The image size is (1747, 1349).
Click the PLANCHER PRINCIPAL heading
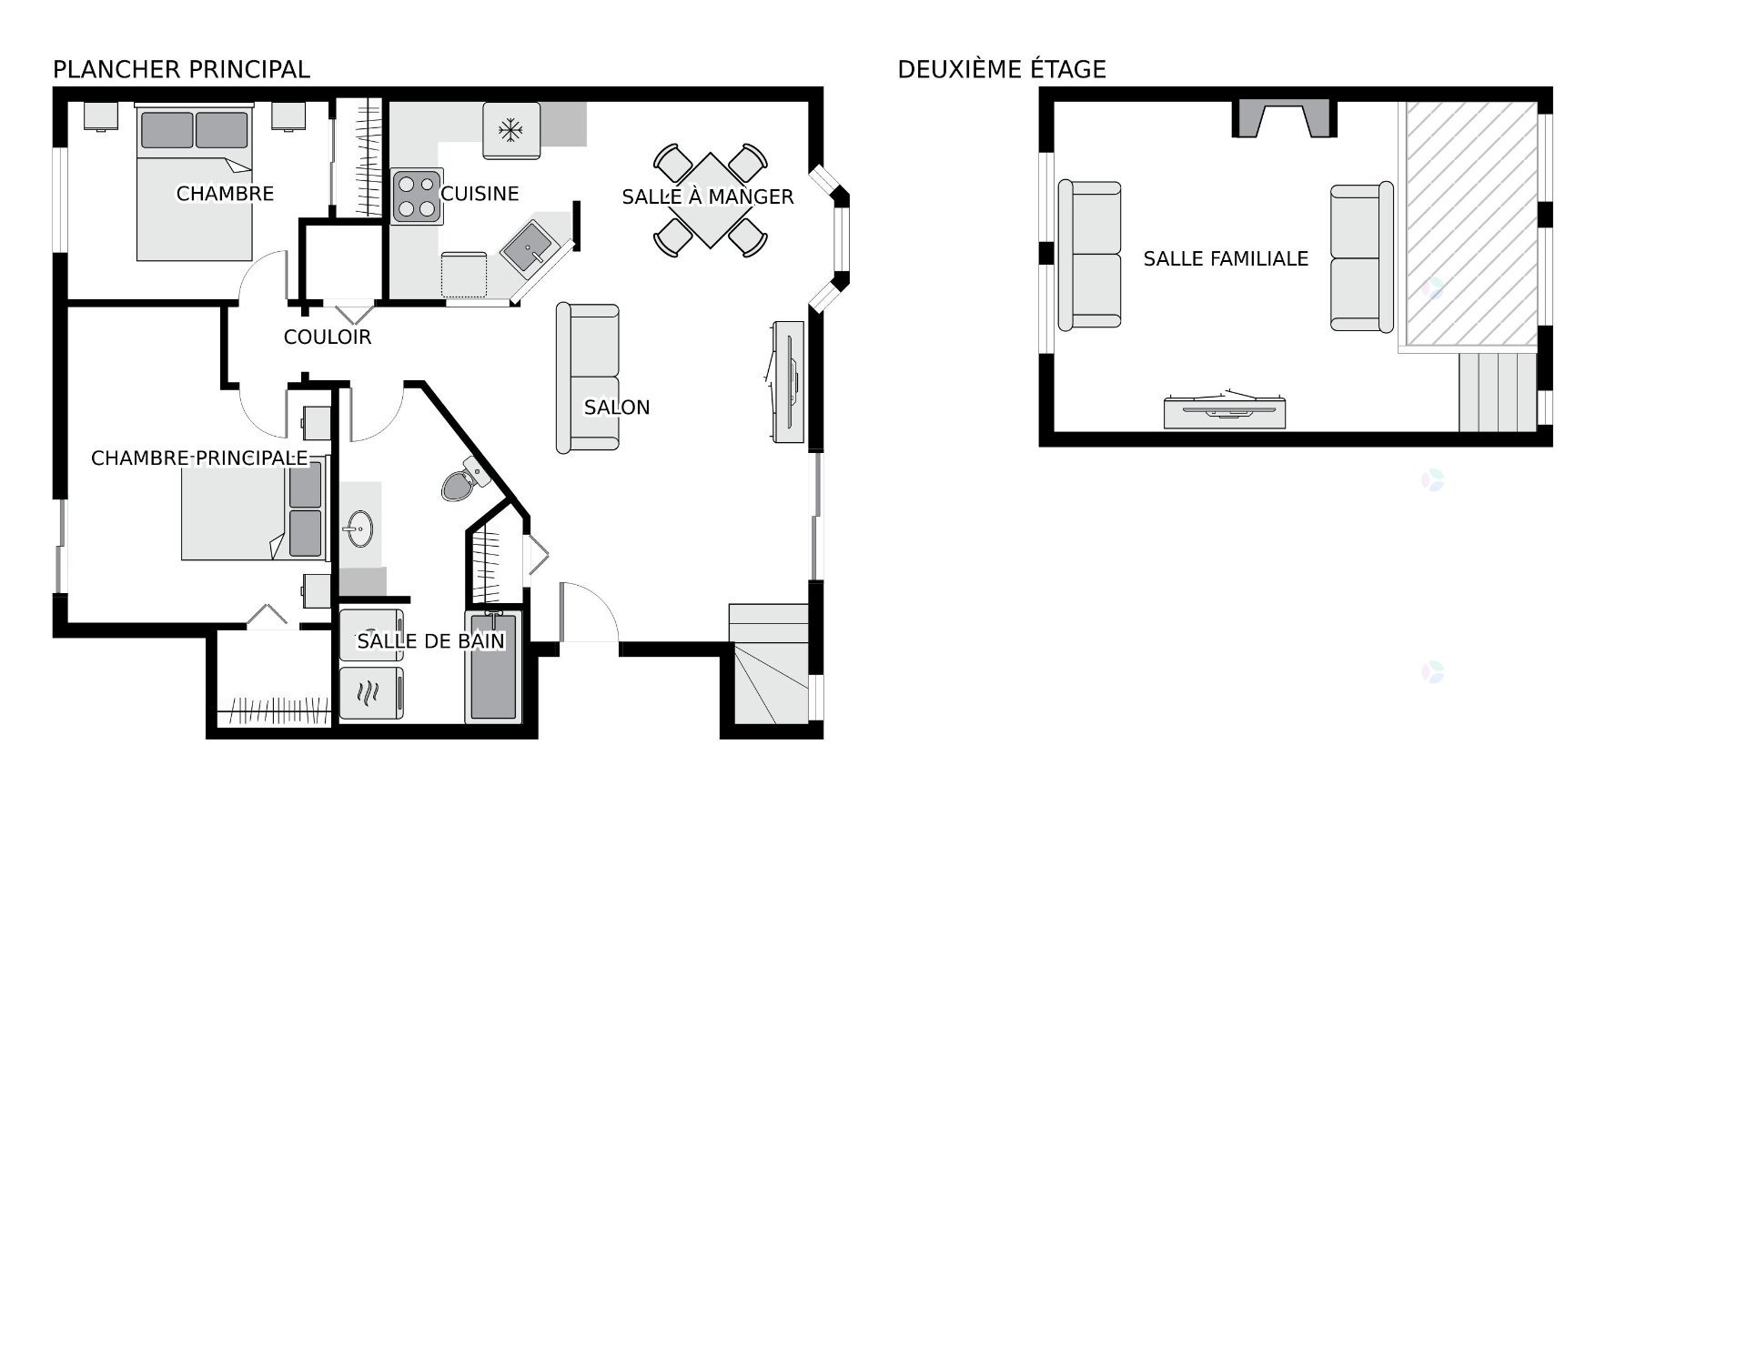pos(181,69)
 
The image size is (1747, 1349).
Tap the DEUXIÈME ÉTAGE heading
pos(1001,69)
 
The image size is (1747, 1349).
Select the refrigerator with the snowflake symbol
pos(510,130)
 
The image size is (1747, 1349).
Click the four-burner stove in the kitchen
pos(417,196)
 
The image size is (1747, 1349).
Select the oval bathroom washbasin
pos(359,529)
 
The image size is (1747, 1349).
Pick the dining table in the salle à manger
pos(711,200)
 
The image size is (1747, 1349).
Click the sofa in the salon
pos(588,378)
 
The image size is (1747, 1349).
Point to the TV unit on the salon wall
pos(788,382)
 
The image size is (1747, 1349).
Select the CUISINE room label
pos(480,194)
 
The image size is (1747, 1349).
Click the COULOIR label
pos(328,337)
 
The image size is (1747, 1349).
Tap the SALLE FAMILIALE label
pos(1226,259)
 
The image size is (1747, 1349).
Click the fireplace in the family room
pos(1284,119)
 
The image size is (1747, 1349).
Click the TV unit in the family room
pos(1225,412)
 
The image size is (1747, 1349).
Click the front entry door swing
pos(588,615)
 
